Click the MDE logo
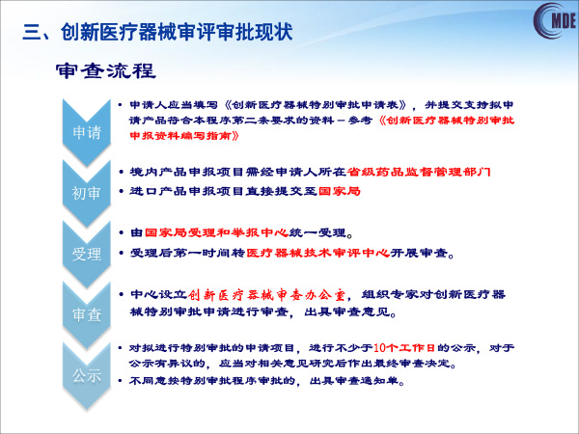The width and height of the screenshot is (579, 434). (555, 20)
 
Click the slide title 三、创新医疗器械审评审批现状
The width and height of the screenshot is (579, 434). (157, 32)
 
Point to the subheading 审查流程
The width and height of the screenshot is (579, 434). (105, 70)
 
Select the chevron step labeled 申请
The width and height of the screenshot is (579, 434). (87, 132)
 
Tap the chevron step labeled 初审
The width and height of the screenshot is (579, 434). (87, 193)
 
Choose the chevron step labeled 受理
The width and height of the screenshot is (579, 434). (87, 254)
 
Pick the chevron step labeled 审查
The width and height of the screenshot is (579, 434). (87, 314)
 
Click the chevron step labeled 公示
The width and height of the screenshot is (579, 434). (87, 375)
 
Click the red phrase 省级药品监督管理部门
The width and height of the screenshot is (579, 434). (419, 172)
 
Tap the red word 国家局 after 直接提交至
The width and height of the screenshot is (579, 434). (339, 191)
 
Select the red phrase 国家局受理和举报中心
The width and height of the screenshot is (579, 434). (216, 232)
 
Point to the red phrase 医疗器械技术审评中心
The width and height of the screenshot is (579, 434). (317, 253)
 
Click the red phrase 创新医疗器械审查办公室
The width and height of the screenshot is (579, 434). (267, 295)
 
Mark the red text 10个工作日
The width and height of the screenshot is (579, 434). (404, 347)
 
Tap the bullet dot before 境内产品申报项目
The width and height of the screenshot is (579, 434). (122, 172)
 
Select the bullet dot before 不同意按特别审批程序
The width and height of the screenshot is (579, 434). (120, 381)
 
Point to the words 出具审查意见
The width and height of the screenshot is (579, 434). (346, 312)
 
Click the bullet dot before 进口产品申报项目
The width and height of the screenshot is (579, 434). (122, 191)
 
